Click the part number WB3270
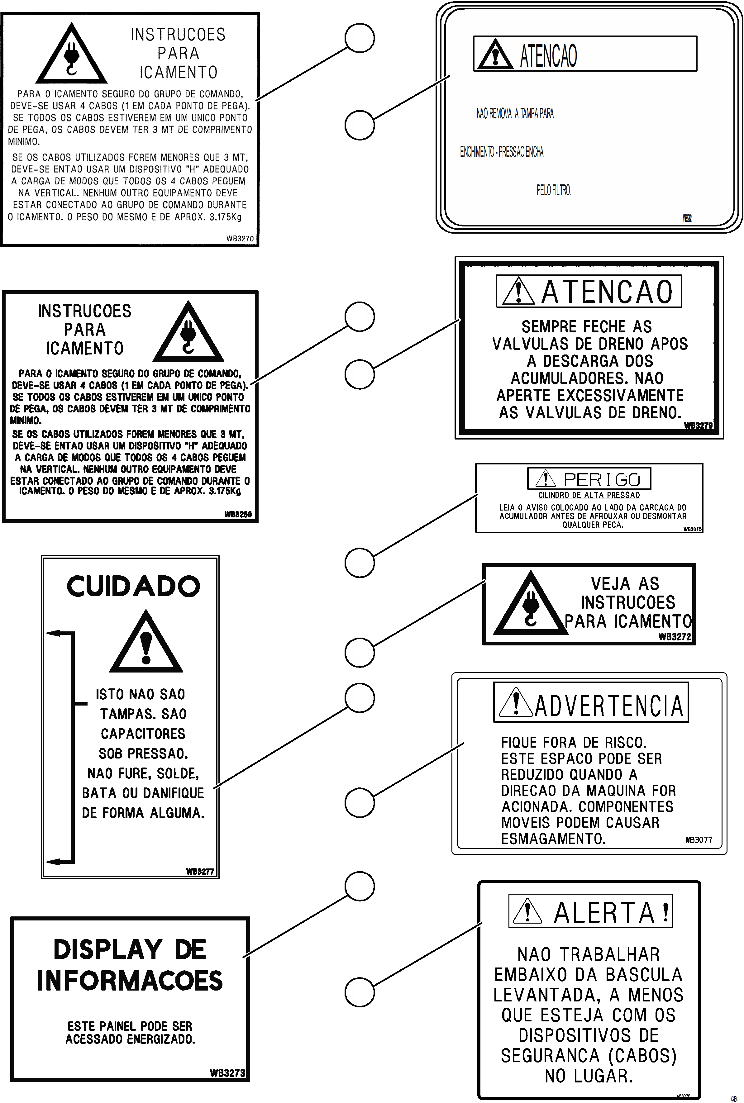pos(240,239)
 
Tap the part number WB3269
pos(238,514)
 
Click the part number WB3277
pos(200,872)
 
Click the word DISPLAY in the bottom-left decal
pos(108,949)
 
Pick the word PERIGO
pos(601,480)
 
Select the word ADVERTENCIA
pos(609,706)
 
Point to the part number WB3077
pos(699,840)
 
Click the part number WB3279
pos(698,426)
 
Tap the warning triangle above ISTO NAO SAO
pos(146,644)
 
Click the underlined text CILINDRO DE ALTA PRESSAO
pos(589,495)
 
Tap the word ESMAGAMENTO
pos(553,839)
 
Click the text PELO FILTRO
pos(554,190)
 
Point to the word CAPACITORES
pos(143,734)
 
